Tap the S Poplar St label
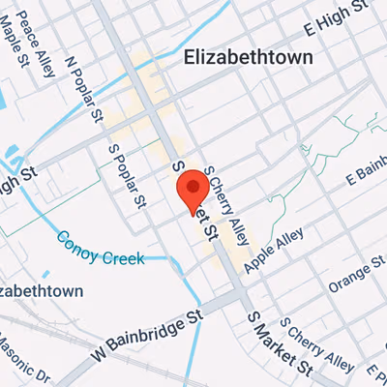(128, 176)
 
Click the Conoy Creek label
(99, 249)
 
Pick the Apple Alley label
(274, 251)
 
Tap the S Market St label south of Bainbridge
(278, 345)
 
